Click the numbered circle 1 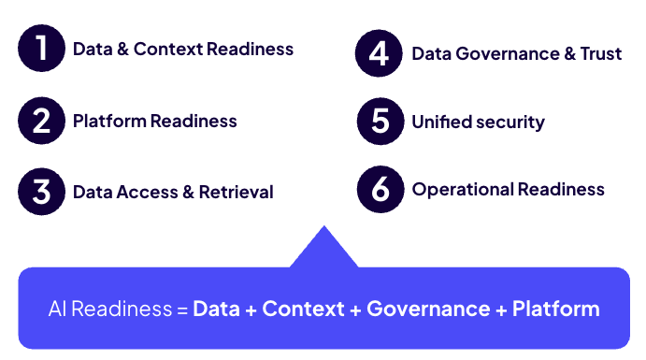point(42,49)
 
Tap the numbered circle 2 point(42,121)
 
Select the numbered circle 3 point(42,192)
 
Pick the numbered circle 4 point(379,53)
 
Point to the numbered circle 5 point(380,122)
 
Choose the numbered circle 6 point(380,190)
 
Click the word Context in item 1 point(168,49)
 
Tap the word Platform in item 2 point(109,122)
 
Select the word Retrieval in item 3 point(237,193)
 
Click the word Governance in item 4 point(508,54)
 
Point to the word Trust point(601,54)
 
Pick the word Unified point(441,122)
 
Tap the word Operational point(463,191)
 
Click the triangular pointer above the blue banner point(323,249)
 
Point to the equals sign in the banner point(182,310)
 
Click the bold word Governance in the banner point(428,309)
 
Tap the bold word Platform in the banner point(555,309)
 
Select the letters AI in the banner point(57,309)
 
